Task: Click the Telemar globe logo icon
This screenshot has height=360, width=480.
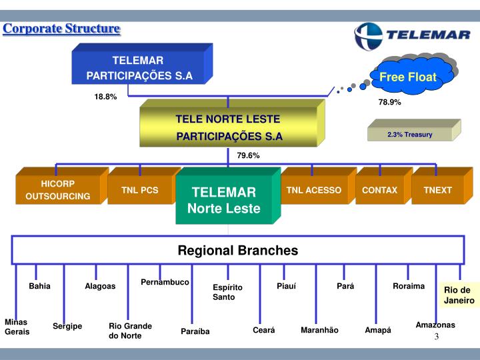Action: [x=368, y=37]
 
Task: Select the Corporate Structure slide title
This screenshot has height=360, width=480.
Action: [x=61, y=29]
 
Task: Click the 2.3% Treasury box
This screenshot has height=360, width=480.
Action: [x=414, y=131]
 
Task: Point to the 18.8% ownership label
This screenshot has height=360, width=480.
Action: [x=105, y=97]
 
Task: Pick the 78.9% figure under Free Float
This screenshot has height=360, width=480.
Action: [x=390, y=102]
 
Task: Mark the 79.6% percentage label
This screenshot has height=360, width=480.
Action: [x=248, y=155]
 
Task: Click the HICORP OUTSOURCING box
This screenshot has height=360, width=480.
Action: [x=62, y=186]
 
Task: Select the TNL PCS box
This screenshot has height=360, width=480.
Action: [x=144, y=186]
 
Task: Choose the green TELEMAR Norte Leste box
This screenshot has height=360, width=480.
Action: [x=228, y=196]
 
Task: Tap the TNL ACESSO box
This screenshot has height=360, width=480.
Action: [x=319, y=186]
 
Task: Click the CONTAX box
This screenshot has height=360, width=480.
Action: [x=384, y=186]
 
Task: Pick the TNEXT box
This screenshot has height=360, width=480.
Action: [x=443, y=186]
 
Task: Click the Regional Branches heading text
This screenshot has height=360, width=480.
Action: [x=238, y=251]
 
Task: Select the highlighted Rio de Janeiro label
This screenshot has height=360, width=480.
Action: [x=459, y=295]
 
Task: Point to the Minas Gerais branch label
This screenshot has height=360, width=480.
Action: [x=17, y=327]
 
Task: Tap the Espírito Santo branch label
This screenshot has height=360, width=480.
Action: [x=227, y=292]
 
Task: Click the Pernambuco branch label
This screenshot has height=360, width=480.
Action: [x=165, y=282]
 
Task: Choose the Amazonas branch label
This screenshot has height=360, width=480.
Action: [x=435, y=325]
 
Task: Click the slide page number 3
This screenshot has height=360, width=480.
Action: [x=437, y=337]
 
